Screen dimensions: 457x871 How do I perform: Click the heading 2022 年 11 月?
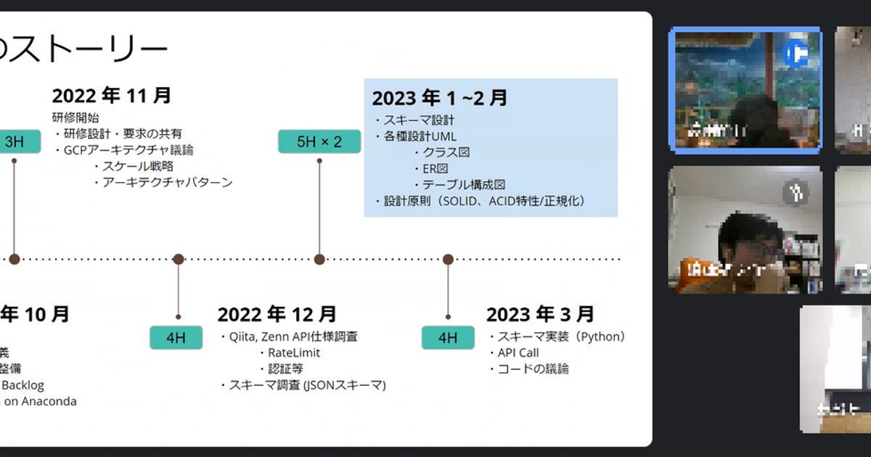pos(112,96)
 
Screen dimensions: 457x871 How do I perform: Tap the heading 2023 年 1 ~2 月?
pos(440,98)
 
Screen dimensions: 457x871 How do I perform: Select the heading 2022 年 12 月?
pos(277,314)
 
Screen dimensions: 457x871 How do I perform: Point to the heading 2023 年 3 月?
pos(540,314)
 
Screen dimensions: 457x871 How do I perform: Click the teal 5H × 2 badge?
pos(319,141)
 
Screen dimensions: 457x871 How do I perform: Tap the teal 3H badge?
pos(15,141)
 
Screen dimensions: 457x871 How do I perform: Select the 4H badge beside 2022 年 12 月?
pos(176,337)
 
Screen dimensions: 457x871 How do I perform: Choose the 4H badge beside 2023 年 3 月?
pos(448,337)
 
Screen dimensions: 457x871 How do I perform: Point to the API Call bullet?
pos(518,353)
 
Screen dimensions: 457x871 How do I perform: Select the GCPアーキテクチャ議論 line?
pos(128,150)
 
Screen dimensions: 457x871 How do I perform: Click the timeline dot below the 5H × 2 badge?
pos(319,259)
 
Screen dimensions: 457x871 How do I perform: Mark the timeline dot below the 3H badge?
pos(15,259)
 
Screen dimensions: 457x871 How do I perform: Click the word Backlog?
pos(24,385)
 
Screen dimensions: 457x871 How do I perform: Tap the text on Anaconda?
pos(40,401)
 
